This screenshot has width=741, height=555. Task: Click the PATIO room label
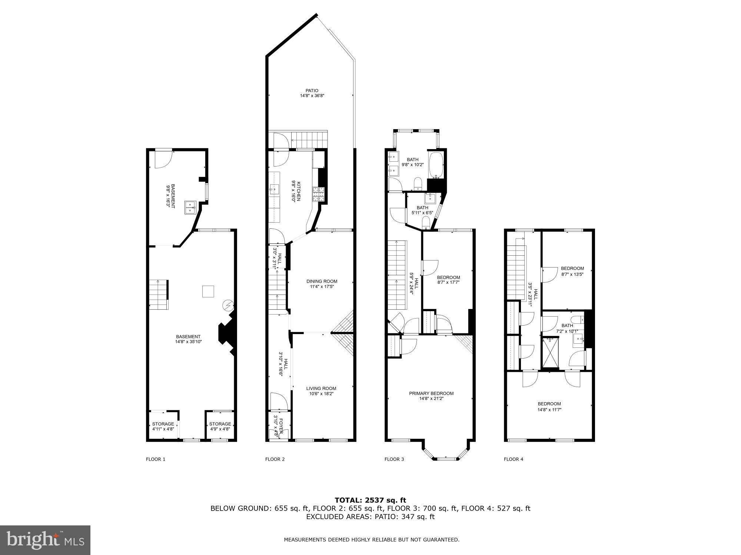[x=312, y=91]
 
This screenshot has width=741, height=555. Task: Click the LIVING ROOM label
[x=321, y=388]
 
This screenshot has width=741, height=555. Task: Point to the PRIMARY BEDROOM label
[x=431, y=393]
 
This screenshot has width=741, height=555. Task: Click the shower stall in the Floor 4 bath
[x=550, y=353]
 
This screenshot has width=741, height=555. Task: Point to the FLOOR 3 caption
[x=394, y=459]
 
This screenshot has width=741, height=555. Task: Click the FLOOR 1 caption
[x=156, y=459]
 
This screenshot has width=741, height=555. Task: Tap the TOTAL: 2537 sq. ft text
[x=370, y=500]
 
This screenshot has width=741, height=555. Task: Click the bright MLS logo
[x=45, y=540]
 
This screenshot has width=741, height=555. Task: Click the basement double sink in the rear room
[x=190, y=208]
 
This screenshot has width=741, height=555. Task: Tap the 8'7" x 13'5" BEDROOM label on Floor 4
[x=572, y=269]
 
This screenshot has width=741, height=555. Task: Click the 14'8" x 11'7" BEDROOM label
[x=549, y=404]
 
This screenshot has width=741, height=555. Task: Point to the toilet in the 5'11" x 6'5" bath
[x=426, y=222]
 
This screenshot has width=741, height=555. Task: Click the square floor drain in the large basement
[x=208, y=291]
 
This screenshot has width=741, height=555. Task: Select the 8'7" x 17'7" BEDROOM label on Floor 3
[x=448, y=277]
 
